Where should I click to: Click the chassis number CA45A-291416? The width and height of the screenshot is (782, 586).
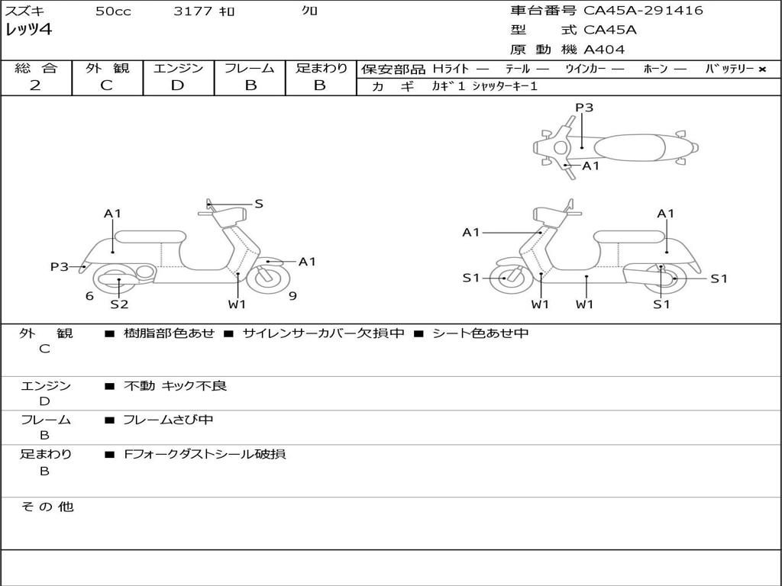pos(643,11)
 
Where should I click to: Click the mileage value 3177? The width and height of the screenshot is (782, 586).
pos(194,11)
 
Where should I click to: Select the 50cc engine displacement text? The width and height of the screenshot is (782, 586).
pos(113,11)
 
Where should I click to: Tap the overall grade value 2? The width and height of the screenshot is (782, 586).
pos(35,85)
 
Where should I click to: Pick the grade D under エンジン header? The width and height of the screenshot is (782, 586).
pos(177,85)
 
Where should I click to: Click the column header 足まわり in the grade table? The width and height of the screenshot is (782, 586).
pos(322,69)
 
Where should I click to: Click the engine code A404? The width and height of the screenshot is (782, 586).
pos(604,50)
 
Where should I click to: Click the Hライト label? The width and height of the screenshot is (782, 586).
pos(451,69)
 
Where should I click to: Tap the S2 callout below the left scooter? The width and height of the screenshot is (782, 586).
pos(119,304)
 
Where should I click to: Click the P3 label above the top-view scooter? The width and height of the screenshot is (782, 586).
pos(584,108)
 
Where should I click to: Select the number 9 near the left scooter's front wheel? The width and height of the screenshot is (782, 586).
pos(292,296)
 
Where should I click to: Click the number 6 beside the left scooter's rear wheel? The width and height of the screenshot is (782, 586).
pos(89,296)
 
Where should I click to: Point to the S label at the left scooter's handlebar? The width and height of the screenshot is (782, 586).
pos(259,204)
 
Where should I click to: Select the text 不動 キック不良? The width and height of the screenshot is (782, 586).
pos(175,386)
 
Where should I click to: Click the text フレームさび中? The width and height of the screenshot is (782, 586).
pos(168,420)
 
